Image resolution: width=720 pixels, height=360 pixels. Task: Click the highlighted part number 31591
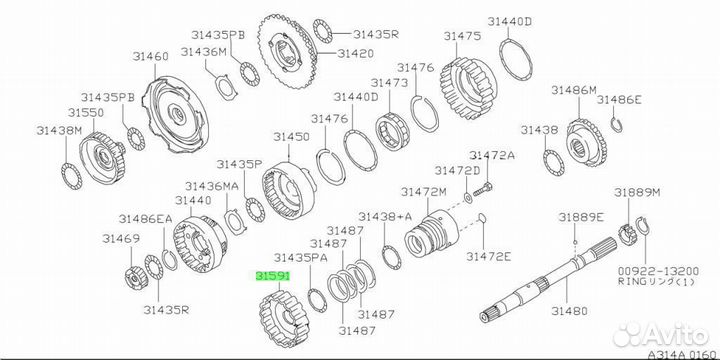273,276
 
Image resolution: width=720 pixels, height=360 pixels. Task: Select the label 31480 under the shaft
570,311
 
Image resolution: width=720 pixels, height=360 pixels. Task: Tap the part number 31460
151,56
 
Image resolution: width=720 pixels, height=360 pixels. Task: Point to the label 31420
355,53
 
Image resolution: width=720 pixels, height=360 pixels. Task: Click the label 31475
462,36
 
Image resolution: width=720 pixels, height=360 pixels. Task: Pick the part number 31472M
423,192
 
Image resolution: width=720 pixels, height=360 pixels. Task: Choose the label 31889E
581,217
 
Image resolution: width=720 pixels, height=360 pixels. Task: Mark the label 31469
121,239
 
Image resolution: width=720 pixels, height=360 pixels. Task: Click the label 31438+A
385,216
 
